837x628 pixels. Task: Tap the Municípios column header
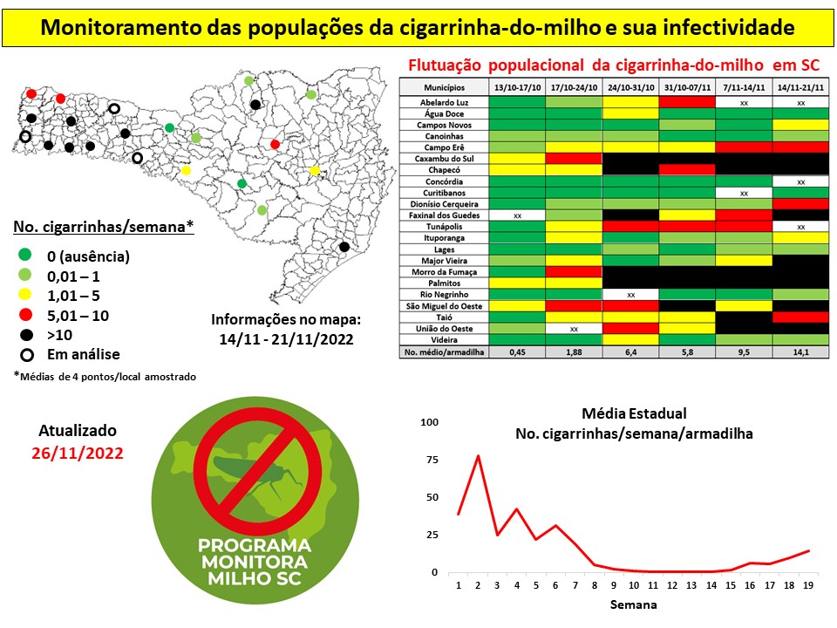coord(444,88)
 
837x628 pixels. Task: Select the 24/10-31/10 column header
coord(630,88)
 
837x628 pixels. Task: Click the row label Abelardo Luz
coord(444,102)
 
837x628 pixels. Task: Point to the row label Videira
coord(444,339)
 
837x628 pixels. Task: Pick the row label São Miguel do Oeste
coord(444,305)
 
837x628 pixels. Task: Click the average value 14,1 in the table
coord(800,352)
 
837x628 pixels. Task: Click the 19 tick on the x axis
coord(808,585)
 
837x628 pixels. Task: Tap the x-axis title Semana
coord(634,604)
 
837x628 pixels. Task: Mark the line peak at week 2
coord(478,456)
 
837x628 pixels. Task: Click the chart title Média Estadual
coord(634,413)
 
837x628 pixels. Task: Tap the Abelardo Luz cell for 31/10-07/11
coord(686,102)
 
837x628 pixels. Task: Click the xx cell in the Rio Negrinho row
coord(630,294)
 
